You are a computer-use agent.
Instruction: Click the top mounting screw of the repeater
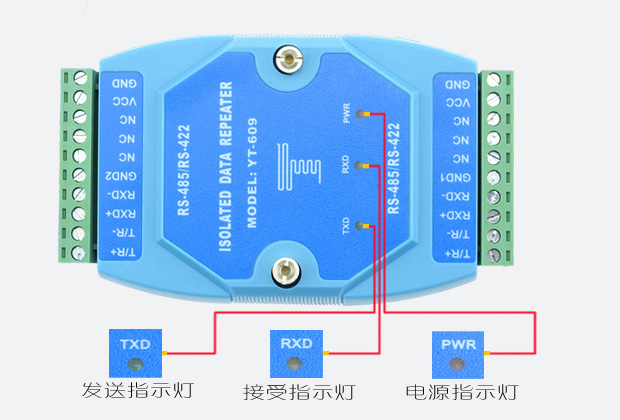tap(288, 59)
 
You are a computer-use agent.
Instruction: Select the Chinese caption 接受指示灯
tap(298, 390)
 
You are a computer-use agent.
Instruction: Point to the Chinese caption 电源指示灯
tap(460, 390)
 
